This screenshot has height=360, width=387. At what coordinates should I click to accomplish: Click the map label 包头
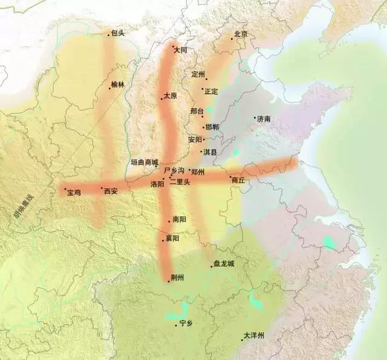[118, 33]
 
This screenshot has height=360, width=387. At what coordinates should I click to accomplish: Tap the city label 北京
[241, 34]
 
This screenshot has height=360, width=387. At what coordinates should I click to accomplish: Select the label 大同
[180, 50]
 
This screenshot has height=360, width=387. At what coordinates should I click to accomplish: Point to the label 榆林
[117, 85]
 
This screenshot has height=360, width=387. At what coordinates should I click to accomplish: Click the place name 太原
[170, 96]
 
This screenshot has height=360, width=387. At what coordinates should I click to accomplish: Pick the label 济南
[264, 119]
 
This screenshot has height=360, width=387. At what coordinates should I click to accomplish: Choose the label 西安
[111, 191]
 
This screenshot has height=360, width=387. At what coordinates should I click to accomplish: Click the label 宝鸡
[74, 192]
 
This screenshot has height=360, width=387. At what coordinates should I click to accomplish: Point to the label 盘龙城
[224, 263]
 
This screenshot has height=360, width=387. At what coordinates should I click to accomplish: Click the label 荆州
[177, 278]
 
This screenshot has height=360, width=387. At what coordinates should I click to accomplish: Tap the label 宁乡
[186, 324]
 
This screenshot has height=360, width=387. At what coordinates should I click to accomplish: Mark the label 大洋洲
[254, 335]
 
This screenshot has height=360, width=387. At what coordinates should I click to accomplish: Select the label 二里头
[180, 182]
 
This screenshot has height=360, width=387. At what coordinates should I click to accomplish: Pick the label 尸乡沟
[174, 171]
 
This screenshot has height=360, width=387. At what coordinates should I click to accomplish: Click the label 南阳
[179, 219]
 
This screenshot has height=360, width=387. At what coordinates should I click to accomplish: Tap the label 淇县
[210, 152]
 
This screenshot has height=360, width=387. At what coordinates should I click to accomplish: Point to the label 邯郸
[212, 127]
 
